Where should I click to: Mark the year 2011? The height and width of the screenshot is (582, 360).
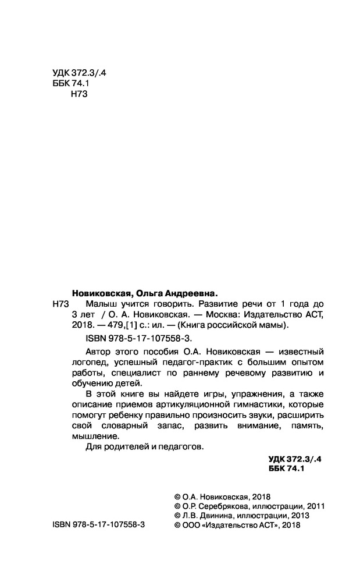[x=313, y=505]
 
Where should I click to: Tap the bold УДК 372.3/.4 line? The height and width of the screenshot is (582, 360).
[x=295, y=459]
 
